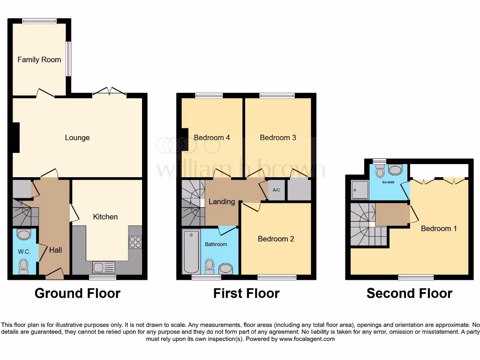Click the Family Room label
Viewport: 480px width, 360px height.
[x=39, y=60]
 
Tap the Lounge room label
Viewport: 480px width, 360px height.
[x=77, y=138]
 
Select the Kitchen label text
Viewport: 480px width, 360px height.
[x=105, y=217]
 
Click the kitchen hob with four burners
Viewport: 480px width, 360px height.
[x=135, y=242]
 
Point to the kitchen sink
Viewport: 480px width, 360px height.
[x=104, y=268]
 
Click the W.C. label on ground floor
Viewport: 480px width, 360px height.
[x=24, y=252]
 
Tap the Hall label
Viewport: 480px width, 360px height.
[x=56, y=250]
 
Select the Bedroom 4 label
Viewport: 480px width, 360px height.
[x=212, y=138]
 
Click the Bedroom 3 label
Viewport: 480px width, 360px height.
[x=278, y=138]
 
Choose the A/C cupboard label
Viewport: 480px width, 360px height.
[x=277, y=191]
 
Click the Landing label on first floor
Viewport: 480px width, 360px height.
[x=222, y=202]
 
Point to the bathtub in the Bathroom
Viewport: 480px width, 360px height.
[x=191, y=252]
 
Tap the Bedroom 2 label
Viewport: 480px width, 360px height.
[x=276, y=239]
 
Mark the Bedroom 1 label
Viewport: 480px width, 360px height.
[x=439, y=229]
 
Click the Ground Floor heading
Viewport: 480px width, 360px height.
[x=77, y=293]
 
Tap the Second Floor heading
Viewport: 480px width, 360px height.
[x=409, y=293]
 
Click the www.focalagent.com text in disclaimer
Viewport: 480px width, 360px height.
[x=307, y=339]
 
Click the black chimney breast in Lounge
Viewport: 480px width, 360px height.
[x=16, y=137]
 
